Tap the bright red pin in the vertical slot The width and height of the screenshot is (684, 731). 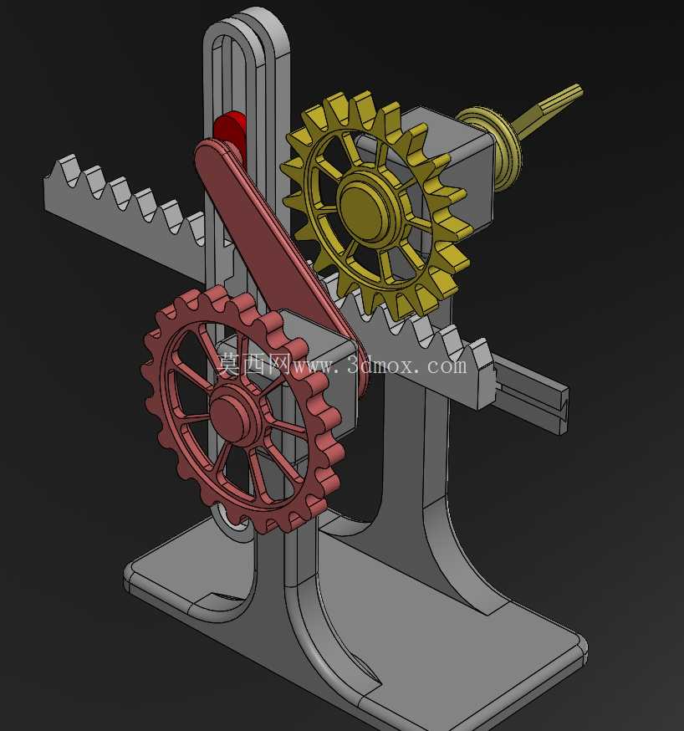coord(230,128)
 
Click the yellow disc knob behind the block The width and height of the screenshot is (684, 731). coord(489,147)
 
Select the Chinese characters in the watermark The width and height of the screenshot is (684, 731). coord(254,364)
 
